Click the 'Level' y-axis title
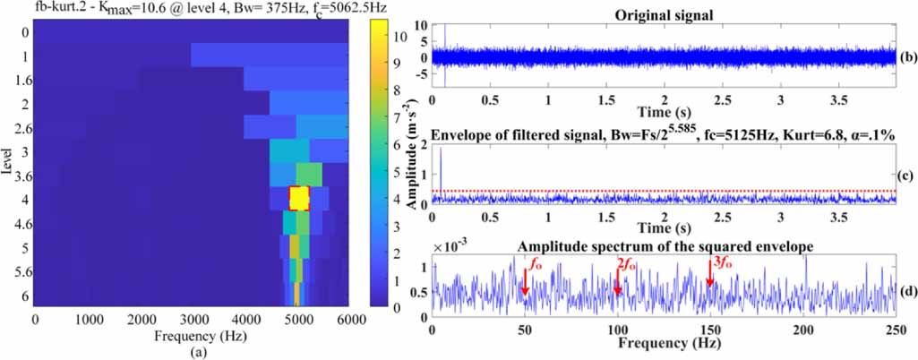8,162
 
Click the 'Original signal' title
664,15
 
